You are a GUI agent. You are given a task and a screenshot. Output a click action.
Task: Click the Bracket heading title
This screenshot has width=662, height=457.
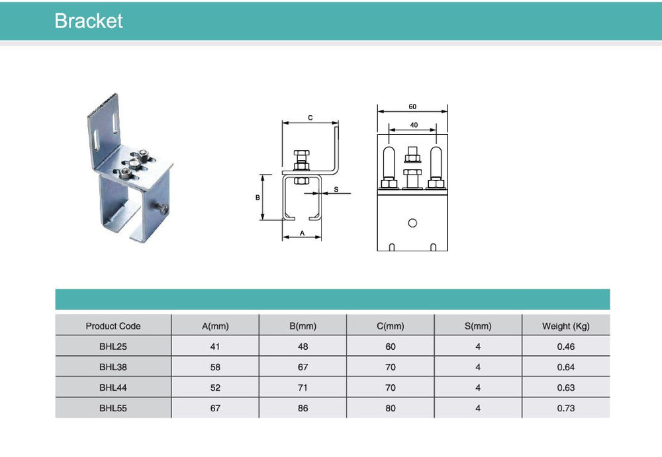[89, 21]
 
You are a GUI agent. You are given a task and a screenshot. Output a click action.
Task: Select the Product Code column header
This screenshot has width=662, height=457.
[113, 326]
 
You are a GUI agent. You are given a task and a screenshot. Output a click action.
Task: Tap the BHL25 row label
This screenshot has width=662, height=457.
[113, 347]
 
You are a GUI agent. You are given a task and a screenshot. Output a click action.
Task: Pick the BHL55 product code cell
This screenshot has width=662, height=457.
[113, 408]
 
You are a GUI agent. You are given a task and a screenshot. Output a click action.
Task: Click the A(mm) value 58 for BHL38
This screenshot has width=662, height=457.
[215, 367]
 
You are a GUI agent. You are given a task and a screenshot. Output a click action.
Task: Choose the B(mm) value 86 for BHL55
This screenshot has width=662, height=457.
[303, 408]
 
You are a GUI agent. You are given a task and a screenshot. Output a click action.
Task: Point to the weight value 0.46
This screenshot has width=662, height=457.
[566, 347]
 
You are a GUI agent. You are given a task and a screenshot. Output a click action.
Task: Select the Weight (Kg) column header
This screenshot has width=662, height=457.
[566, 326]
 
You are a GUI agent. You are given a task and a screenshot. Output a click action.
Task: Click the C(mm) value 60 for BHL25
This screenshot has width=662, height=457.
[391, 347]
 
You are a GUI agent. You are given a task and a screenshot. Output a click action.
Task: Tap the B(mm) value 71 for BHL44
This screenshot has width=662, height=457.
[303, 388]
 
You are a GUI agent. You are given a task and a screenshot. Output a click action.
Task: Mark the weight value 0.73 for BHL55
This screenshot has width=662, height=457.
[566, 408]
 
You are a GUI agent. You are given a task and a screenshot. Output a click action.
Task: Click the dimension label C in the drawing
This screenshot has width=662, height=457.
[310, 118]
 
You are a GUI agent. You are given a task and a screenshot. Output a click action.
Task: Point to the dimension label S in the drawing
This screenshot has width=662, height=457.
[336, 190]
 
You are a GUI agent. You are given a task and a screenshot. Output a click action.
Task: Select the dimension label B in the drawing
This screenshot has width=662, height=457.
[258, 197]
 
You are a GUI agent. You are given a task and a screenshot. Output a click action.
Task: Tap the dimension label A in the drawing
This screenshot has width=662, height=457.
[302, 233]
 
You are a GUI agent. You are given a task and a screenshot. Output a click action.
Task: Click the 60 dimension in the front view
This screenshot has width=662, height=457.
[412, 106]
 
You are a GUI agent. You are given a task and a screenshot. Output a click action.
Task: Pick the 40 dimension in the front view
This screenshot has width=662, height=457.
[414, 124]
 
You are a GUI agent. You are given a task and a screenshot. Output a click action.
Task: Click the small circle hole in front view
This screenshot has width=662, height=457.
[412, 223]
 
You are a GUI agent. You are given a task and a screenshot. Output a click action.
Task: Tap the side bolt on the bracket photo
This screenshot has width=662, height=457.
[162, 209]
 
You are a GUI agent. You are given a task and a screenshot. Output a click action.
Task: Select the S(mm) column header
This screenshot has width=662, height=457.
[478, 326]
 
